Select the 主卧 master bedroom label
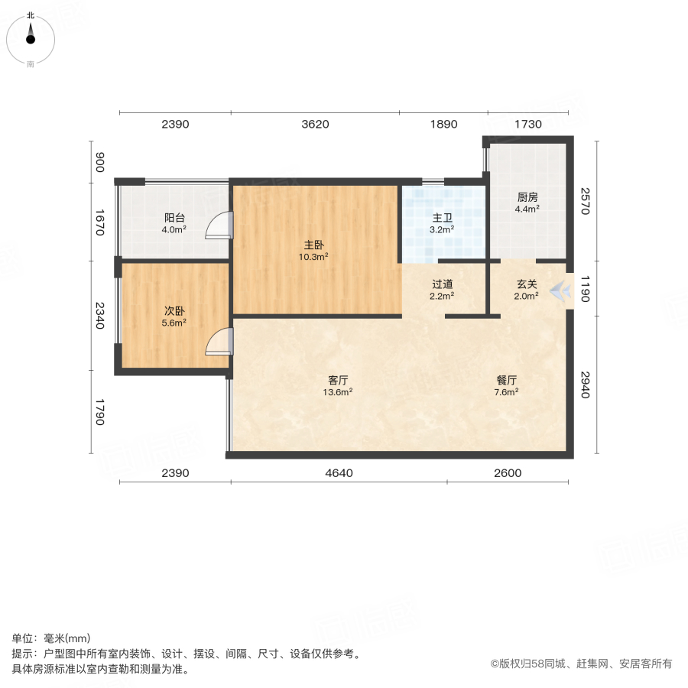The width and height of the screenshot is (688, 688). (313, 245)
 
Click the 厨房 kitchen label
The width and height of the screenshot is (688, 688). (527, 196)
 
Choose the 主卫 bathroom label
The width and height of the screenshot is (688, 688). (443, 217)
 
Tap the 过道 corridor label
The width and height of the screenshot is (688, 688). (443, 284)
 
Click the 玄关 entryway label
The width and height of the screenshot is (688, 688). (527, 284)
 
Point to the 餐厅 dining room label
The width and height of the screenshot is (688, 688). (507, 380)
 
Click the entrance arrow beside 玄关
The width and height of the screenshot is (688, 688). (560, 290)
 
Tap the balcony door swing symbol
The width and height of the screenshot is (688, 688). (219, 225)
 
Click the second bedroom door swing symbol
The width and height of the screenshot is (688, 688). (219, 341)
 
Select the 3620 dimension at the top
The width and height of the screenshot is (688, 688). (315, 125)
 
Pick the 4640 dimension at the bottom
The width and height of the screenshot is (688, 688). (339, 472)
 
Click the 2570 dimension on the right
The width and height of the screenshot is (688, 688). (585, 200)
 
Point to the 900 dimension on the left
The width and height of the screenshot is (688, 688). (99, 162)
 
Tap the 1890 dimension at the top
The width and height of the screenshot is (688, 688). (443, 125)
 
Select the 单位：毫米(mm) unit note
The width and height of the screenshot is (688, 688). (51, 639)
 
